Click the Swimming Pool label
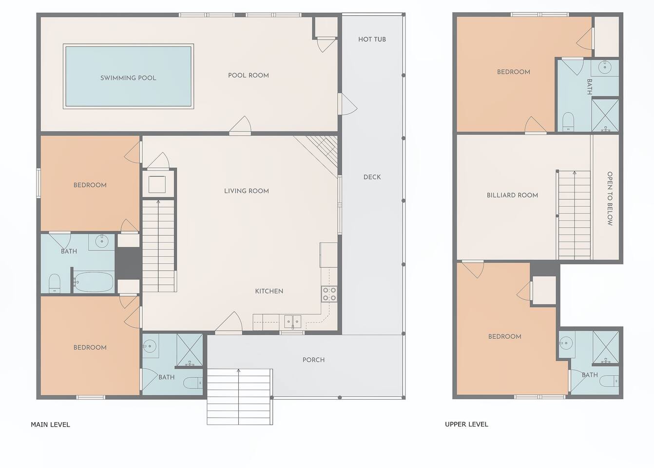[128, 78]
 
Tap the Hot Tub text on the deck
[372, 39]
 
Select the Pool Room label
[249, 76]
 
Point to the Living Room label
[247, 191]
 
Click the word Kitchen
[269, 291]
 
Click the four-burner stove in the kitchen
[329, 294]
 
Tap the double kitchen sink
[293, 322]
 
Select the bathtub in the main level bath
[93, 282]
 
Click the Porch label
[313, 360]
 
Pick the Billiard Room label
[512, 195]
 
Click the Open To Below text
[610, 198]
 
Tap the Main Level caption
[51, 425]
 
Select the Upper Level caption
[466, 425]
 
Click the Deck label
[372, 177]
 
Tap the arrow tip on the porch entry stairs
[238, 370]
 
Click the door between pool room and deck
[347, 104]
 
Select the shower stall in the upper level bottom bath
[606, 348]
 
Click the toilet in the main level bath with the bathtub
[54, 283]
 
